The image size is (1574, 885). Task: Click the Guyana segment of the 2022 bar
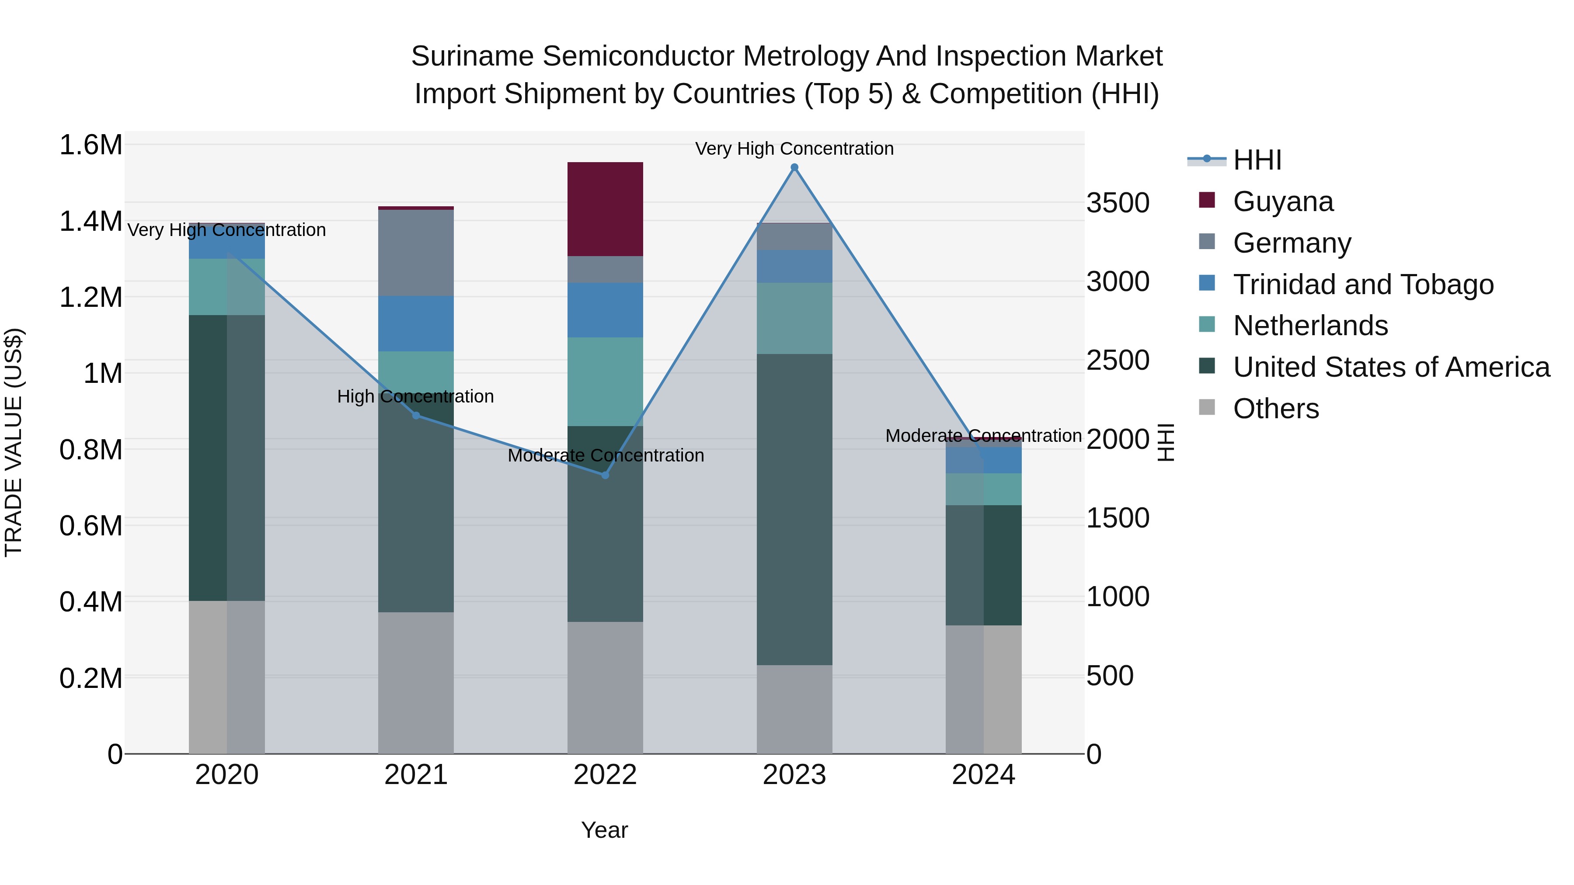click(605, 209)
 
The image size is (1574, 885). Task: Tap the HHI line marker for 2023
click(794, 167)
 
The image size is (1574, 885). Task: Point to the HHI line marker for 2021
click(416, 415)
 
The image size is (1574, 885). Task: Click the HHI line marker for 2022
click(605, 475)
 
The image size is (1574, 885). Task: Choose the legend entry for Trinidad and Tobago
click(1362, 284)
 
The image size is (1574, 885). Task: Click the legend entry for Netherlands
click(1310, 326)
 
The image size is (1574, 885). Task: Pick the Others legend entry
click(1275, 409)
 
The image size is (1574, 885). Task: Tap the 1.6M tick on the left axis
click(91, 146)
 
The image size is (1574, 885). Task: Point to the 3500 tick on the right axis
click(1118, 203)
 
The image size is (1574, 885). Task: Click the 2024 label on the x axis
click(983, 775)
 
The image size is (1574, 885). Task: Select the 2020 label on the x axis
click(226, 775)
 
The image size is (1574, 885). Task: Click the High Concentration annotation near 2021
click(415, 396)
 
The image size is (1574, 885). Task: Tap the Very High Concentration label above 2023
click(794, 149)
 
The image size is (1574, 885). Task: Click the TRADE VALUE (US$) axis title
click(14, 442)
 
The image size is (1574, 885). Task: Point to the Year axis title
click(604, 830)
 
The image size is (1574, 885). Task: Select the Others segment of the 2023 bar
click(794, 708)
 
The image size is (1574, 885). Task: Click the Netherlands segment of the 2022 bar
click(605, 381)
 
